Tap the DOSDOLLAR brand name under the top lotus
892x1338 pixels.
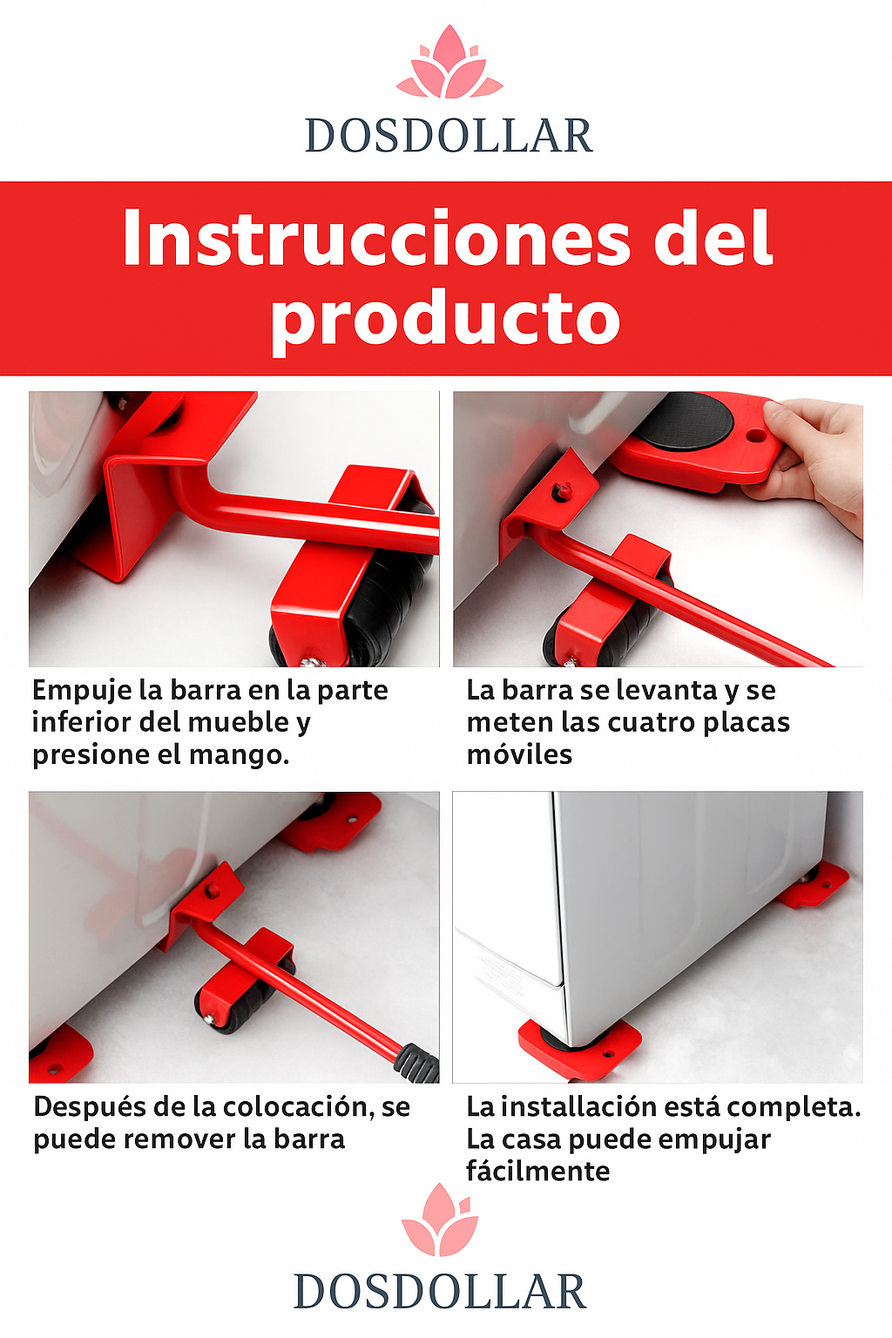pos(449,136)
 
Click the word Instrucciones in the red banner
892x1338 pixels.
pos(377,239)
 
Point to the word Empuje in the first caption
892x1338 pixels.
pos(82,692)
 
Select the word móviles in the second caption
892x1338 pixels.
pos(519,755)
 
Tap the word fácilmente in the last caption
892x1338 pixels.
pos(537,1171)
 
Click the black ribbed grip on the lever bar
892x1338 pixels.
pos(418,1064)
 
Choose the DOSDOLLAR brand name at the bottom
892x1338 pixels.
pos(440,1292)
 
